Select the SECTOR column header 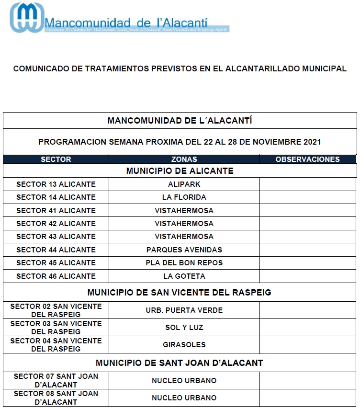tap(56, 159)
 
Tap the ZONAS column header tap(184, 159)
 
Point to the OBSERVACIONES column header tap(307, 159)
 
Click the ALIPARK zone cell tap(184, 184)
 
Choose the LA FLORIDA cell tap(184, 197)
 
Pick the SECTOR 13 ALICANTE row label tap(56, 184)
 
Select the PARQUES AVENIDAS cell tap(184, 250)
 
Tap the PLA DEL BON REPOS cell tap(184, 263)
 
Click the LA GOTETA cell tap(184, 276)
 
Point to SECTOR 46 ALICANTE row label tap(56, 276)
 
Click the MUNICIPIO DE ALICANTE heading tap(180, 171)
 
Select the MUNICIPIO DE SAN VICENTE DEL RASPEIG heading tap(180, 293)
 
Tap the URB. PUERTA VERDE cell tap(184, 310)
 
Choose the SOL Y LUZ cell tap(184, 328)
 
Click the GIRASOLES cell tap(184, 345)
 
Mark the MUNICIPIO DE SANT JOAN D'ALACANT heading tap(180, 363)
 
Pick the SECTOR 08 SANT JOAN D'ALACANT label tap(56, 398)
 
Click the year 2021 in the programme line tap(312, 142)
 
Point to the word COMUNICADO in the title tap(41, 69)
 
